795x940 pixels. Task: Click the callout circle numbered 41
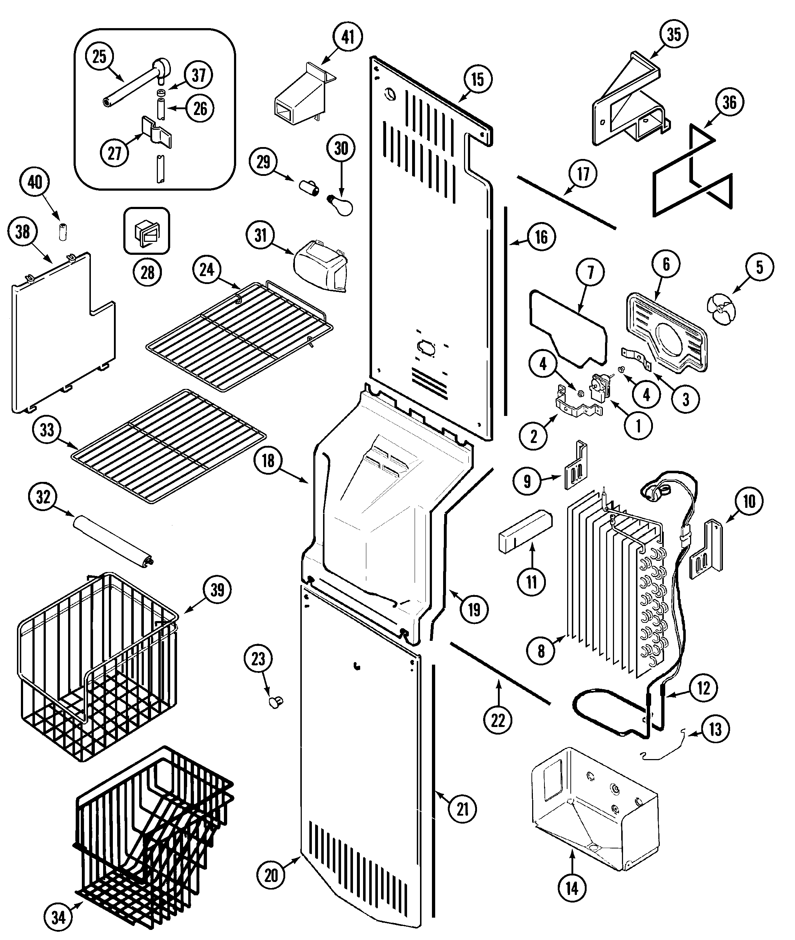[348, 37]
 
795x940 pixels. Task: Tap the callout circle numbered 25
[99, 57]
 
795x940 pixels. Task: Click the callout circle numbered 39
[217, 589]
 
